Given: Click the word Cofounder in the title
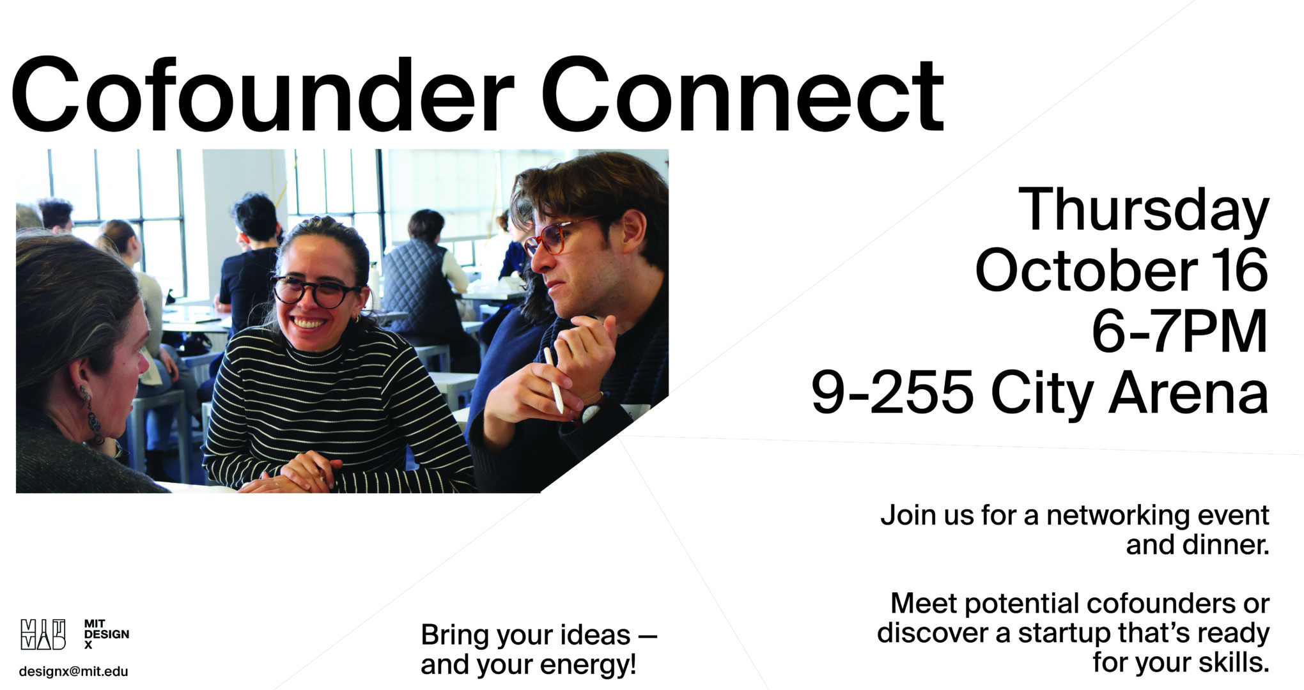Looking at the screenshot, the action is click(262, 95).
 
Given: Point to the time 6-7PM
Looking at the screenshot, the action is click(1180, 331).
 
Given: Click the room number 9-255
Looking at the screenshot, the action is click(892, 392).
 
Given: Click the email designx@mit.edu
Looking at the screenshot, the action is click(74, 671).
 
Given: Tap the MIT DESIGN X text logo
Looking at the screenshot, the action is click(106, 634).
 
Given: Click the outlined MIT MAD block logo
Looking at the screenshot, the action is click(43, 634).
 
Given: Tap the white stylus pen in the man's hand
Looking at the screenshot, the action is click(553, 379).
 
